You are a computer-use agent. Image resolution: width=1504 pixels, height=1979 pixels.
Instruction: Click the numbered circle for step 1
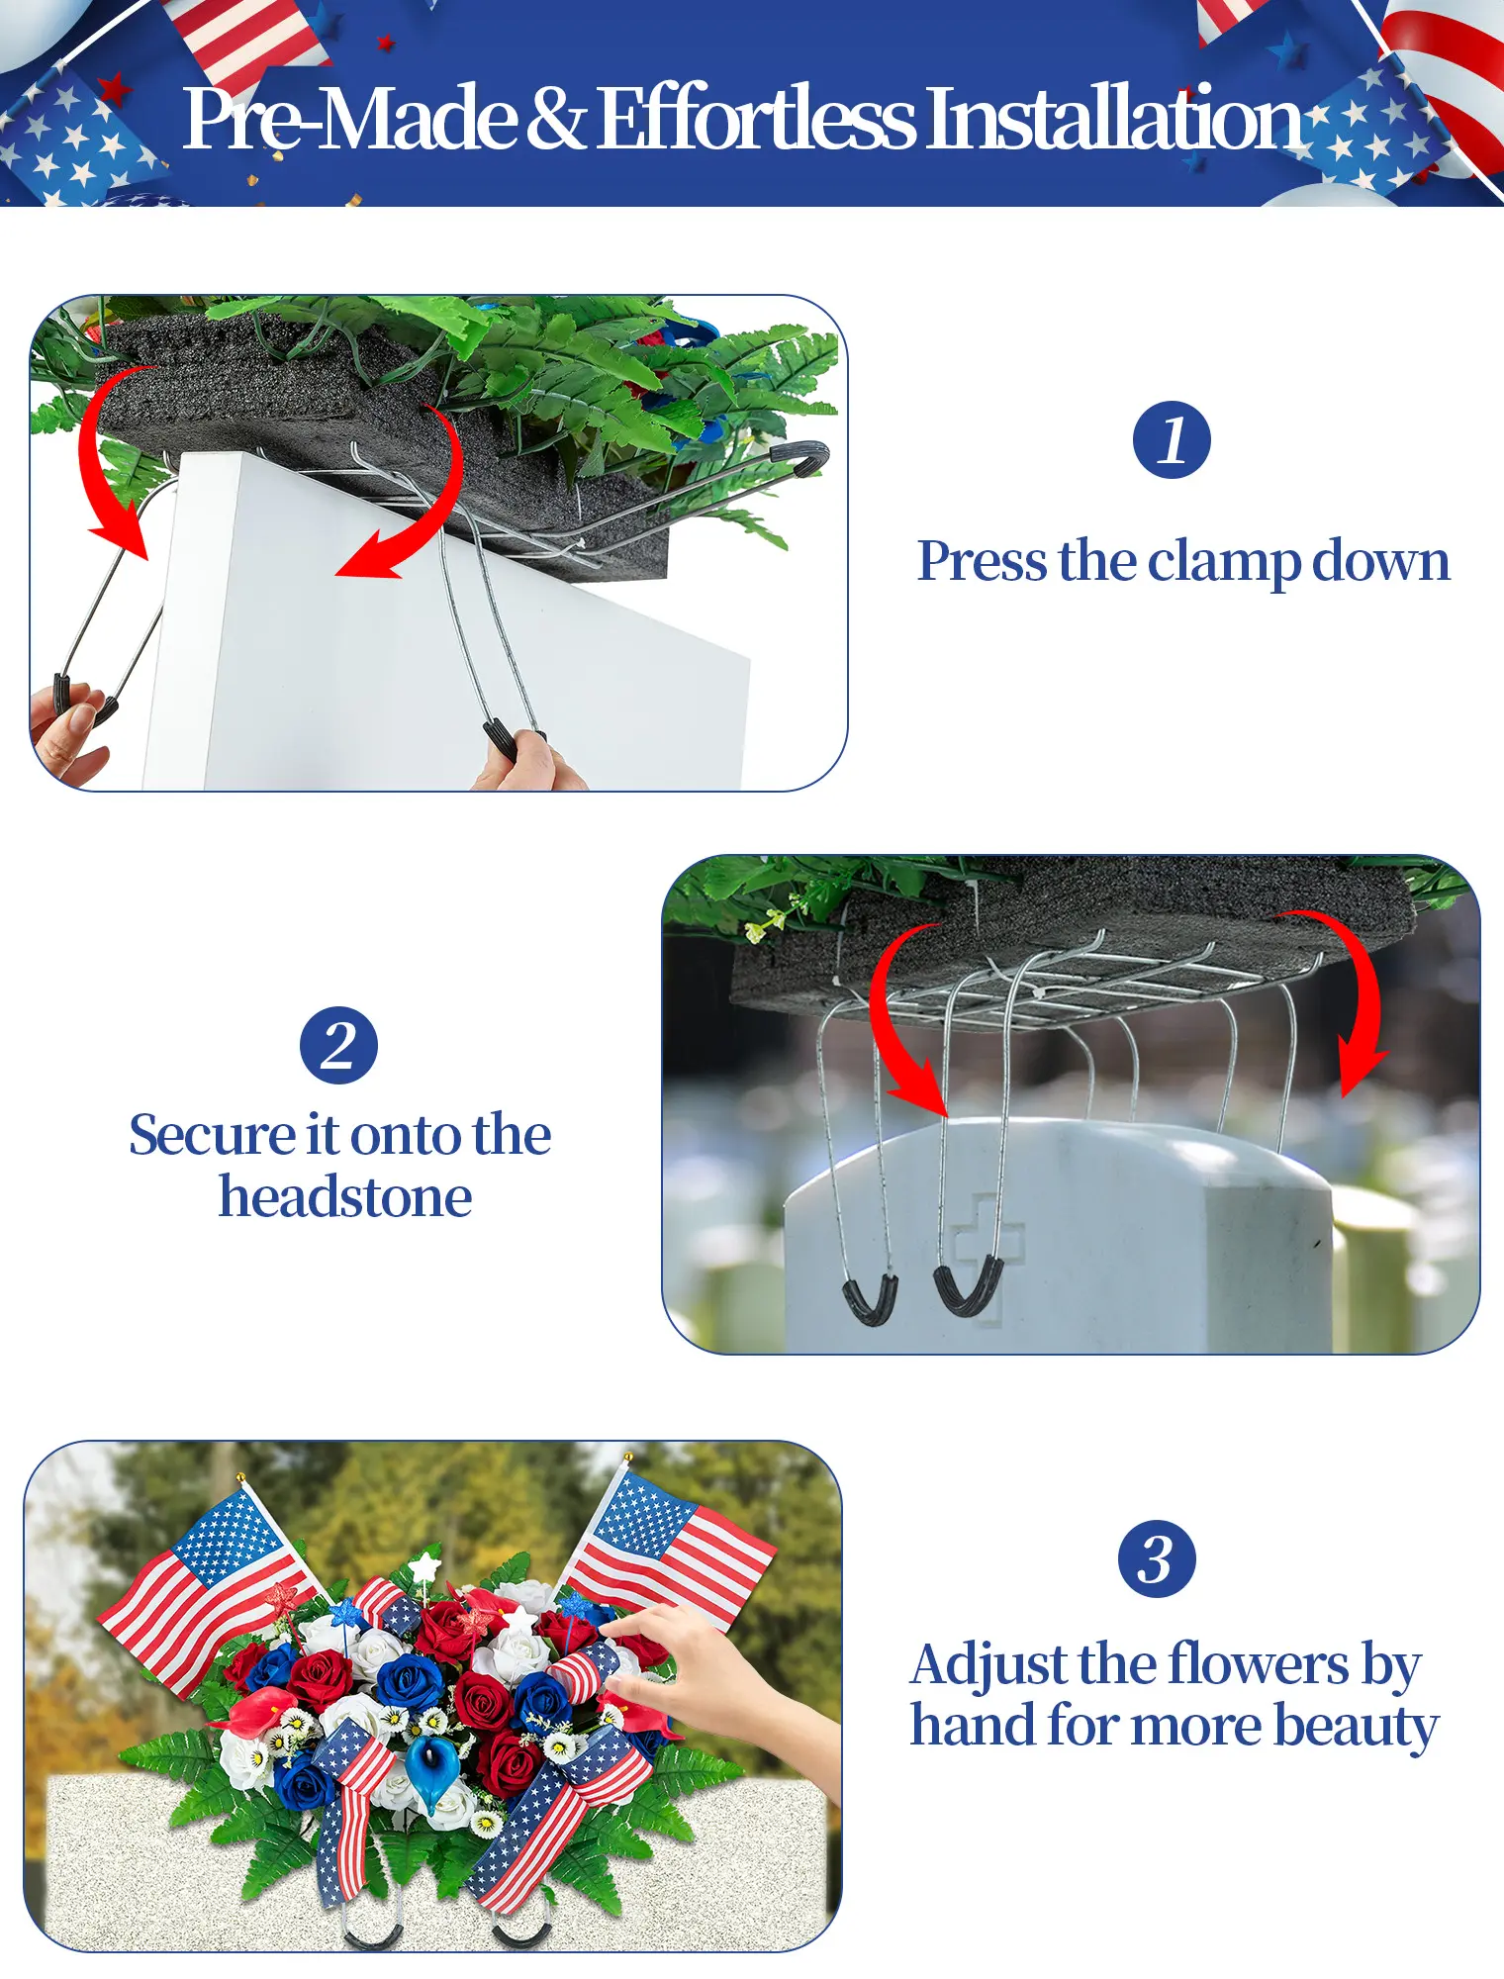1172,440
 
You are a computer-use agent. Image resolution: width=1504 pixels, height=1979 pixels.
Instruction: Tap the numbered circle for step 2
338,1046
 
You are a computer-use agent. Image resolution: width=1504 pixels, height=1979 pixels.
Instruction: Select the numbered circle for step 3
1157,1558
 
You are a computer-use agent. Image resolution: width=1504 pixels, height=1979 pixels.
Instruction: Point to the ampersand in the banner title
556,119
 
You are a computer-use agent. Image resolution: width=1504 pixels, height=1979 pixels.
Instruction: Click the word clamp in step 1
1224,562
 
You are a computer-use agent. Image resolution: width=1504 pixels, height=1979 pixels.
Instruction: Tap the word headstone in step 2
344,1197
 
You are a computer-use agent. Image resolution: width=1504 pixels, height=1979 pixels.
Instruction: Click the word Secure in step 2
212,1135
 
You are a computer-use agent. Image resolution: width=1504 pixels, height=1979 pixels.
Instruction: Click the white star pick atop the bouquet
425,1567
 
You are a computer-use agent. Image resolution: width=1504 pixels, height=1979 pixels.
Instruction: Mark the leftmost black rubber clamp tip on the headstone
870,1298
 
